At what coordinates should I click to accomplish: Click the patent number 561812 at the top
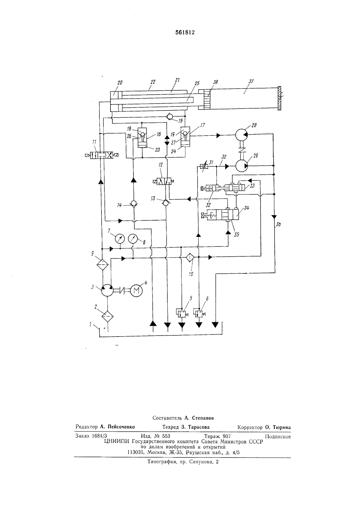tap(185, 32)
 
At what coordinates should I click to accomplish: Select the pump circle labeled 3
tap(107, 290)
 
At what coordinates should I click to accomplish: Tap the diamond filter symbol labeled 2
tap(107, 316)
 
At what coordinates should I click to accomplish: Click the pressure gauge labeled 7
tap(120, 239)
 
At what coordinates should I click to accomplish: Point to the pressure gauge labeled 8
tap(133, 239)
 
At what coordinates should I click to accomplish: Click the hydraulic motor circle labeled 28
tap(241, 135)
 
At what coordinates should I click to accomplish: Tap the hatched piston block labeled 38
tap(207, 100)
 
